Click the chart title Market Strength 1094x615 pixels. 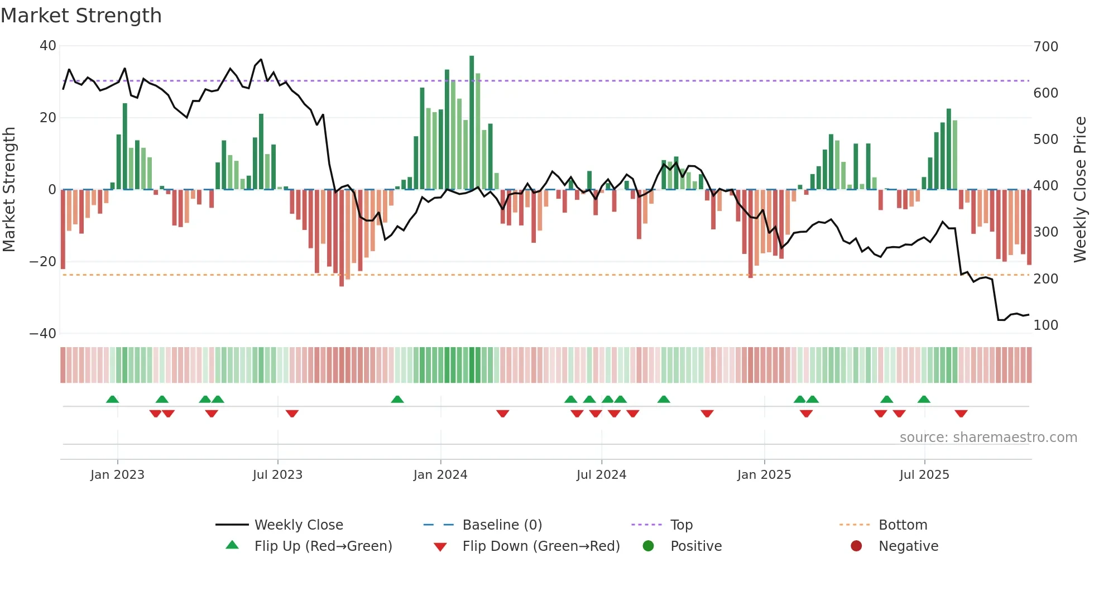(x=81, y=16)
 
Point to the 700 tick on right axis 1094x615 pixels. (x=1045, y=46)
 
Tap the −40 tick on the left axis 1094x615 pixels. (x=42, y=334)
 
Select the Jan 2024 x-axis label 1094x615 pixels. (x=440, y=475)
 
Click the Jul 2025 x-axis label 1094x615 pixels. (x=924, y=475)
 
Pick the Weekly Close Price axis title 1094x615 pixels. (x=1080, y=189)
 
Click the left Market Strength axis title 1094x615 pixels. (x=9, y=189)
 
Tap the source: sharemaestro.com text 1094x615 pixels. (x=988, y=438)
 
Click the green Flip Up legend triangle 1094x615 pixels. (x=232, y=545)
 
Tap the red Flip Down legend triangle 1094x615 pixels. (x=440, y=547)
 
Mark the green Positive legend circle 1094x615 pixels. (x=648, y=546)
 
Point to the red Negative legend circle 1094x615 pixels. (x=856, y=546)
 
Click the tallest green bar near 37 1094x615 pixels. (x=472, y=123)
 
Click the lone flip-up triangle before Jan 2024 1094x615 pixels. (x=397, y=399)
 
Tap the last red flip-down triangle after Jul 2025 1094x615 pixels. (x=961, y=414)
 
